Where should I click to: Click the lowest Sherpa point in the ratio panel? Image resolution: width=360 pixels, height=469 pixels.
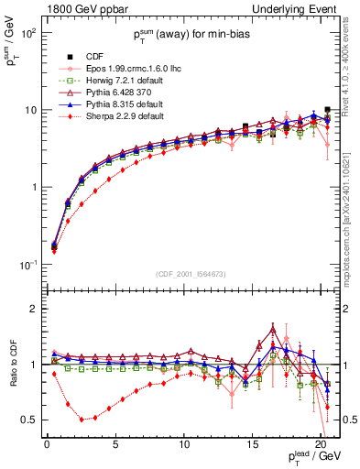click(x=82, y=420)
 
